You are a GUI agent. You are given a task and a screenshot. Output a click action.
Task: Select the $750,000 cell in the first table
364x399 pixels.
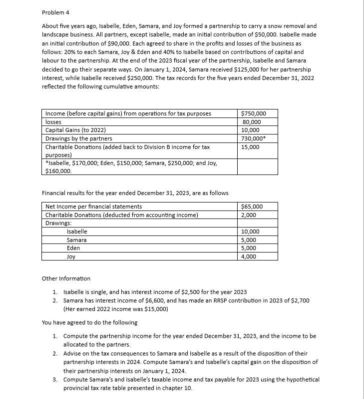[253, 113]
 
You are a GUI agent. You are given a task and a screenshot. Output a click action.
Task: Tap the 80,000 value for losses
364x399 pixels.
[252, 122]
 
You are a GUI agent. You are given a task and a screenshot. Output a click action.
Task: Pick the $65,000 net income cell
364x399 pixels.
[252, 206]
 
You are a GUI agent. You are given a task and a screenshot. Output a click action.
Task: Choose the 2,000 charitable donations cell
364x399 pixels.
[248, 215]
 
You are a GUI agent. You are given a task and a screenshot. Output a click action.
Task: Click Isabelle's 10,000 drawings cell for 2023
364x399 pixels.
[250, 232]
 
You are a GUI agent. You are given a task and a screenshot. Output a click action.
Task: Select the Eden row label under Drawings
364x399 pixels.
[73, 248]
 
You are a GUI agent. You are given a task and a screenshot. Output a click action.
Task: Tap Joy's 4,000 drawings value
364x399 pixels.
[248, 256]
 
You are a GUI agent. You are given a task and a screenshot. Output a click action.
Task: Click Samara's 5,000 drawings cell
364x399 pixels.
[248, 240]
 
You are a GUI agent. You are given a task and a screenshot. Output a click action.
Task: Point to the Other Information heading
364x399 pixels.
[66, 278]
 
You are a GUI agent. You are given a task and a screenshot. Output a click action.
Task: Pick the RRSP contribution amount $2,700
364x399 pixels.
[302, 300]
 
